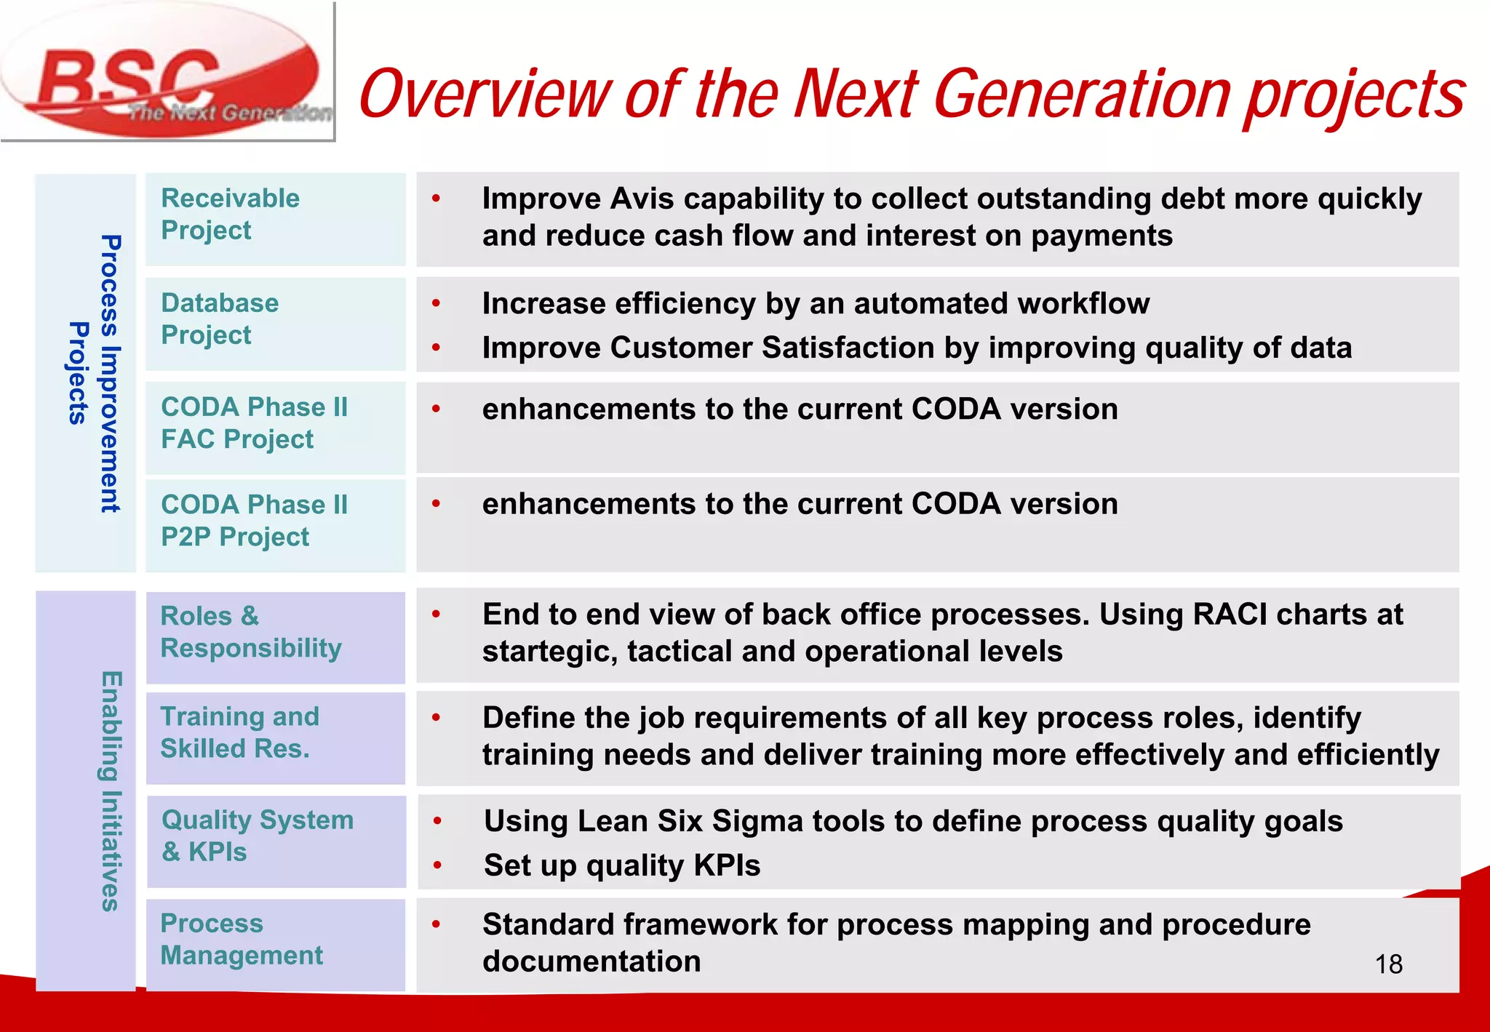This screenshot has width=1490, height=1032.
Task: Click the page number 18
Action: [1388, 964]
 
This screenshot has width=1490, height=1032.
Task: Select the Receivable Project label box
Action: [275, 219]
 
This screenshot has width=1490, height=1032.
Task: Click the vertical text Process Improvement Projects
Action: [93, 373]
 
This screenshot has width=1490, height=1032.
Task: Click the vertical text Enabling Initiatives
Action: [109, 791]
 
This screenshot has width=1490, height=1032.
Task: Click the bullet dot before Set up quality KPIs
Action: [437, 865]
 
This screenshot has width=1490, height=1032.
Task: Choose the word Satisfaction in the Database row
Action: [848, 348]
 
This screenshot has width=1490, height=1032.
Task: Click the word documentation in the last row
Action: [591, 962]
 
